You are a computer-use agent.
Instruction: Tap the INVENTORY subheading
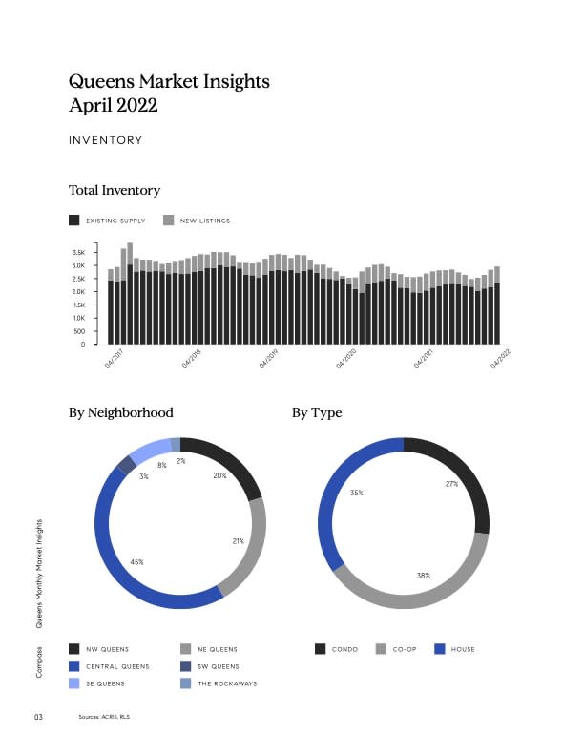point(105,140)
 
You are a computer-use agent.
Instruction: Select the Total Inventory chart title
point(115,190)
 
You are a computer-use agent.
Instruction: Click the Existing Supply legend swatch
point(74,220)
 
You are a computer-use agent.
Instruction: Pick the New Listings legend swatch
point(169,220)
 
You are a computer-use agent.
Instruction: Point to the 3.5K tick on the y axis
point(92,252)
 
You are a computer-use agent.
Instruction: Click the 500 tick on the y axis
point(93,331)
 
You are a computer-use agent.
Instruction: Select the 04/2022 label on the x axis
point(501,358)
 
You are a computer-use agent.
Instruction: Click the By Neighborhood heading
point(121,412)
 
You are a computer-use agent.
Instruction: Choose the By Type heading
point(317,412)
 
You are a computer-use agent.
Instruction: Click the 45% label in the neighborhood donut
point(136,562)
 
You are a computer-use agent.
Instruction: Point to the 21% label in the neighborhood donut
point(239,541)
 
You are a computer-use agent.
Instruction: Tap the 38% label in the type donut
point(423,576)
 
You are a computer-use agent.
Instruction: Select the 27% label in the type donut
point(451,484)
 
